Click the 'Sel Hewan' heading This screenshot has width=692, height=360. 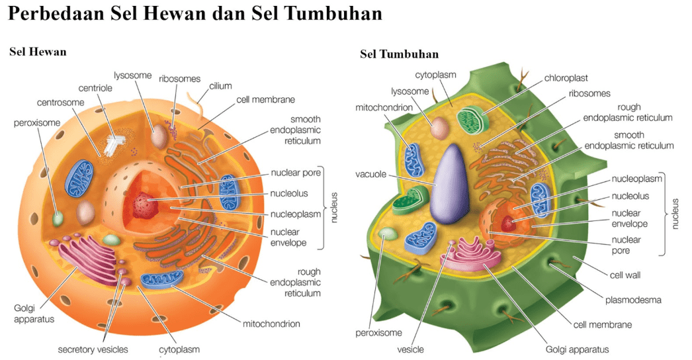(x=38, y=52)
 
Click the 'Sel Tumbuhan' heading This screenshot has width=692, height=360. (x=399, y=54)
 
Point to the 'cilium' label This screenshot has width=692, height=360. (x=220, y=86)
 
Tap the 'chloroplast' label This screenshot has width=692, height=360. (x=566, y=78)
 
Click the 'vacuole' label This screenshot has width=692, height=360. (x=370, y=175)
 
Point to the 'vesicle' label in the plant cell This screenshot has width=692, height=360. (x=410, y=349)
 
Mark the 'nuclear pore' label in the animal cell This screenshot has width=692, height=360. (x=296, y=173)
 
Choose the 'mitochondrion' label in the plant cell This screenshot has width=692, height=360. (x=384, y=107)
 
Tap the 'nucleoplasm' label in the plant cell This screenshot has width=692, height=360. (x=636, y=179)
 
